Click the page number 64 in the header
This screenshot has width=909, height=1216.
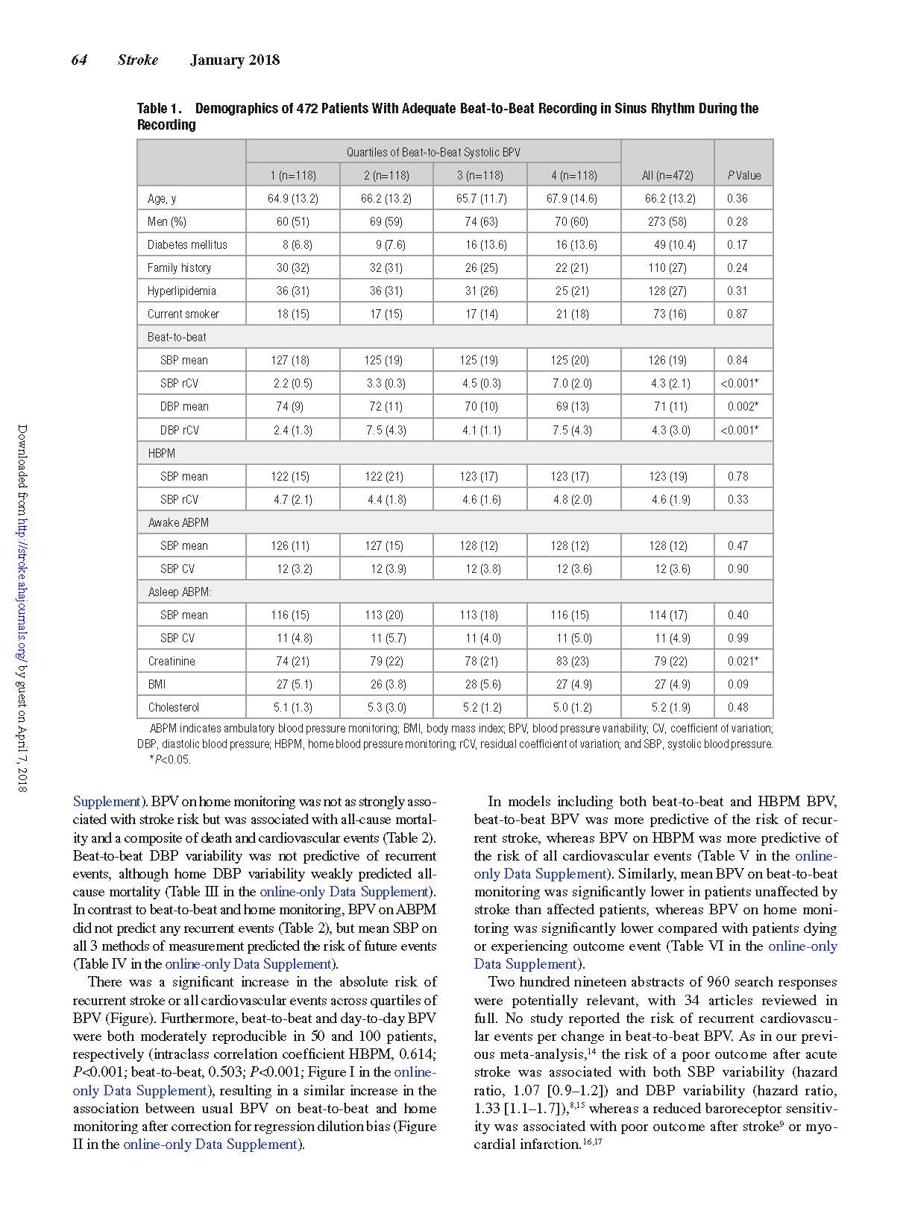pos(79,60)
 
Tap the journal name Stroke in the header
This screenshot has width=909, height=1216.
pos(138,60)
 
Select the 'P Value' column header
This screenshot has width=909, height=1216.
pos(743,176)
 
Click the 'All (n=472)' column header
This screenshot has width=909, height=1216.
pos(667,176)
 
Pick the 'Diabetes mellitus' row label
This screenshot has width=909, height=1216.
pos(187,244)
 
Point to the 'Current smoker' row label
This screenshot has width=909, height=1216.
pos(183,314)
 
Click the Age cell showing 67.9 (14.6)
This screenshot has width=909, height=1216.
pos(573,198)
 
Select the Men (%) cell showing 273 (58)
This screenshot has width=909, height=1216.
pos(667,221)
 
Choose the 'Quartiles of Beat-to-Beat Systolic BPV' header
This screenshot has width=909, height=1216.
pos(433,152)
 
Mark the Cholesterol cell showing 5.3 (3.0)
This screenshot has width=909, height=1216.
pos(386,707)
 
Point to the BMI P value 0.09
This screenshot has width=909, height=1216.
pos(737,684)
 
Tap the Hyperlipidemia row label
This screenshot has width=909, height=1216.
pos(182,291)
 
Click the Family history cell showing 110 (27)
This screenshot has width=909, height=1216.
pos(667,267)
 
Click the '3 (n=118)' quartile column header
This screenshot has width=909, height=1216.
pos(480,176)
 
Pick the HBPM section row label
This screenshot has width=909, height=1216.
pos(161,453)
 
